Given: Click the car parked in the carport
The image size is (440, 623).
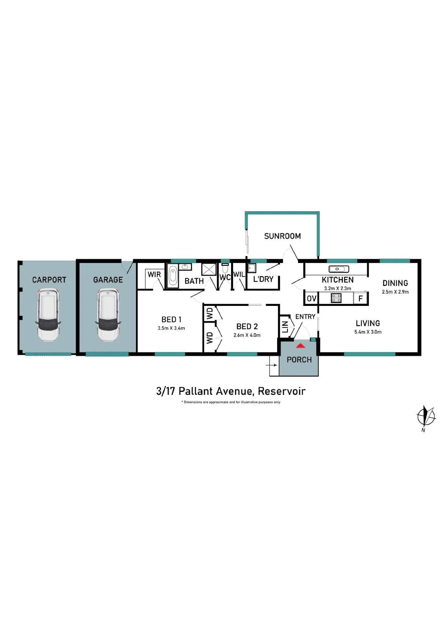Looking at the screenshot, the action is pos(48,315).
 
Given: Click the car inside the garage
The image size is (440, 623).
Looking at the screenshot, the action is pos(108,315).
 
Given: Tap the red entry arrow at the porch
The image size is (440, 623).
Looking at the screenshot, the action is pos(300,345).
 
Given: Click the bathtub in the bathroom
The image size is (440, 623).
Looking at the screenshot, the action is pos(173,276).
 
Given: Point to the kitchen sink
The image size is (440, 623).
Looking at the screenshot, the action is pos(339,269).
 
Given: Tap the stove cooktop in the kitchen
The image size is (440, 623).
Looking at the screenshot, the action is pos(336,298).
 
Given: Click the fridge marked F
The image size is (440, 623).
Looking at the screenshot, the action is pos(361,298).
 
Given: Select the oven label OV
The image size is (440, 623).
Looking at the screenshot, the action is pos(311,298).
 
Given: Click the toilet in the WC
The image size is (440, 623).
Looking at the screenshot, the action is pos(225,268).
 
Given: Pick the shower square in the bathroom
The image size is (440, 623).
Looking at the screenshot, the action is pos(209,269).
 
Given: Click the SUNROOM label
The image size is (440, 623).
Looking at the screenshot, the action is pos(282,236).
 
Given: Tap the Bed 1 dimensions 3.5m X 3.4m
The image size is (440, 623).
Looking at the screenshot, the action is pos(171,328).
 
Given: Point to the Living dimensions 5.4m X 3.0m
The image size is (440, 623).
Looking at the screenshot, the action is pos(368,332).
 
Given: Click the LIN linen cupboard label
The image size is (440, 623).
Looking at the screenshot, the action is pos(285,327).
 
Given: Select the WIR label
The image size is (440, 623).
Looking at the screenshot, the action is pos(154,274).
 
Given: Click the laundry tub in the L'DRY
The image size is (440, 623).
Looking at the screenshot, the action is pos(252,268).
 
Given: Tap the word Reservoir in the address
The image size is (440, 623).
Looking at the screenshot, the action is pos(282,391).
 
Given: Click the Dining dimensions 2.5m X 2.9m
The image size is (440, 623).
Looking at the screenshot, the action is pos(395,292).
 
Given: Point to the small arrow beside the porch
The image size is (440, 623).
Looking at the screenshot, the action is pos(273,365).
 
